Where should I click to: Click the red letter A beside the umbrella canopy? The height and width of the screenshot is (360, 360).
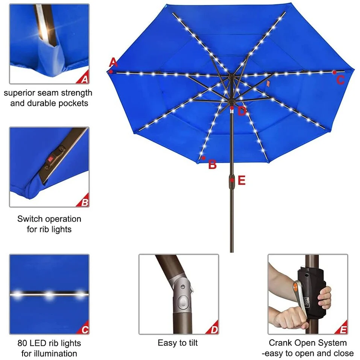point(113,62)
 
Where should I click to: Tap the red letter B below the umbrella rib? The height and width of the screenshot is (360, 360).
point(213,164)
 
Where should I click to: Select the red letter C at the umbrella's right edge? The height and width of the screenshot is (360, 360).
point(340,80)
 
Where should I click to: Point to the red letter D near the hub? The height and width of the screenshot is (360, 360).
point(242,111)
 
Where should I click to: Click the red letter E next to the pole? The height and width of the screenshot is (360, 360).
point(242,180)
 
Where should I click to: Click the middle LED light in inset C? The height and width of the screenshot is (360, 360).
point(49,294)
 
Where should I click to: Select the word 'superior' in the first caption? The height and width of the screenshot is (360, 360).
point(19,93)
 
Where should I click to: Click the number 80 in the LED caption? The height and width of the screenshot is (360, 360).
point(22,343)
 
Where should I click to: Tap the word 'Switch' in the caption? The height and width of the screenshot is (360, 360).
point(28,219)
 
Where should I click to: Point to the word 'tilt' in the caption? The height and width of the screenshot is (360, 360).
point(193,343)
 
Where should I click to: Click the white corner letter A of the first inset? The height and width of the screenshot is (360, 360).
point(85,79)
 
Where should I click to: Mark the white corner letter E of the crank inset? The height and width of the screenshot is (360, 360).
point(343,330)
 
